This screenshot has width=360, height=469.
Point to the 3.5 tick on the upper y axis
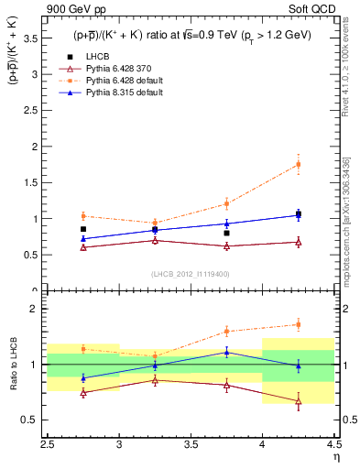pos(34,38)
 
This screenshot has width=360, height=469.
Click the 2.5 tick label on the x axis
pos(48,444)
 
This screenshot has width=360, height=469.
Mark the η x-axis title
pos(335,456)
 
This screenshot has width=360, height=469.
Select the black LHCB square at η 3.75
pos(226,233)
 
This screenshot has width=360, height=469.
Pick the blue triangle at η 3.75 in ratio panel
pos(226,352)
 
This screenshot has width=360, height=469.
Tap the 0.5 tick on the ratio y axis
pos(34,420)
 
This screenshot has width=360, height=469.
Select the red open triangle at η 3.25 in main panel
pos(155,240)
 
